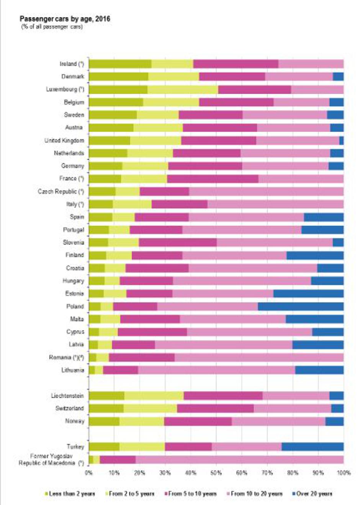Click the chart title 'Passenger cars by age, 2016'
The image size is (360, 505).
pos(65,19)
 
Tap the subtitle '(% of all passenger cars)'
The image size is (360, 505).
pos(52,27)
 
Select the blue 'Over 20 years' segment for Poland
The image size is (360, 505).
pos(301,306)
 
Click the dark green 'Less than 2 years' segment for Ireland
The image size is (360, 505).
pos(120,64)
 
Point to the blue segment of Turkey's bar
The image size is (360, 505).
pos(313,446)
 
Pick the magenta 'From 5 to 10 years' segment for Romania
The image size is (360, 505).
pos(142,357)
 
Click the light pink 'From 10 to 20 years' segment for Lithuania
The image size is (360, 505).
pos(216,370)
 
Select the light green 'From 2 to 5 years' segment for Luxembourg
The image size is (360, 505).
pos(183,89)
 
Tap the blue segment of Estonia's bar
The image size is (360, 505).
pos(308,294)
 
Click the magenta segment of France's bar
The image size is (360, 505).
pos(213,178)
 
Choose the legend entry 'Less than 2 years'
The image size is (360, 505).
pos(70,494)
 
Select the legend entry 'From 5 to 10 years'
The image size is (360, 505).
pos(190,494)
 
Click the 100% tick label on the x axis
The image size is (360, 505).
pos(344,473)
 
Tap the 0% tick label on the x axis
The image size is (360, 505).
pos(89,473)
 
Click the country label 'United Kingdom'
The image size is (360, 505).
pos(64,141)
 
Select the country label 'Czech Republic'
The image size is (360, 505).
pos(61,191)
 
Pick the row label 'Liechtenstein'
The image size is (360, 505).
pos(67,396)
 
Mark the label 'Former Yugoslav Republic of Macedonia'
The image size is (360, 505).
pos(51,459)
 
